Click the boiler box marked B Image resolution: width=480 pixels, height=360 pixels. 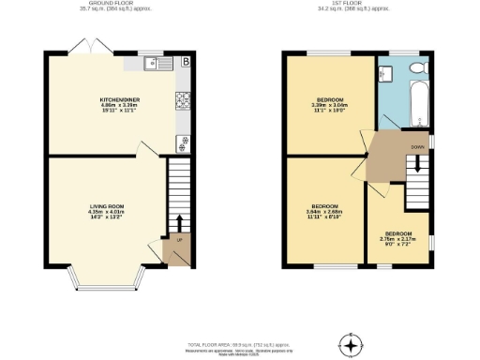[186, 63]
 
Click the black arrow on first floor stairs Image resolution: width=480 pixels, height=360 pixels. [418, 166]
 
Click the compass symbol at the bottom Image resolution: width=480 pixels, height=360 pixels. [352, 345]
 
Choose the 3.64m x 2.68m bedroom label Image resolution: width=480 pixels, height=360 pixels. [324, 210]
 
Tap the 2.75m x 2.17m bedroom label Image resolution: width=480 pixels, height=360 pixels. [397, 237]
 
